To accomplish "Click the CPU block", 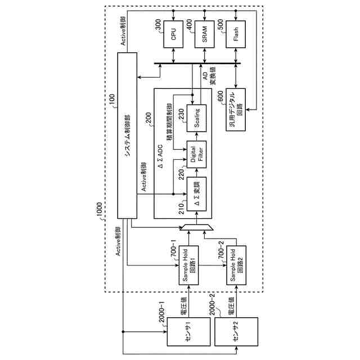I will tap(173, 36).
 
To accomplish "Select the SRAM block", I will tap(204, 36).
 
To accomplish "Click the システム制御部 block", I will tap(127, 135).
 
